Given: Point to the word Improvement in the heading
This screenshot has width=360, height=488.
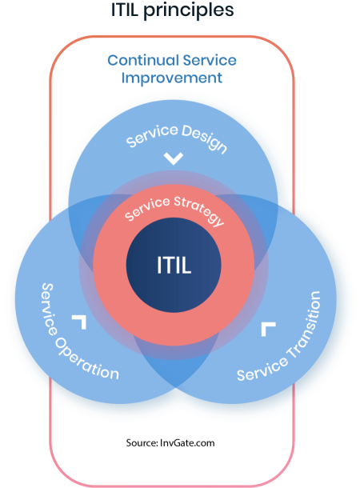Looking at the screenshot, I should pyautogui.click(x=171, y=78).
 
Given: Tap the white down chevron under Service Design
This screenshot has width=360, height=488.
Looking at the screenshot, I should pyautogui.click(x=173, y=158).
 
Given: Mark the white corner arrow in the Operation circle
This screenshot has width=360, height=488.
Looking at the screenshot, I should pyautogui.click(x=79, y=322).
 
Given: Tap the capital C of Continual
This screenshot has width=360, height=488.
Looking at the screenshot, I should pyautogui.click(x=113, y=60).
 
